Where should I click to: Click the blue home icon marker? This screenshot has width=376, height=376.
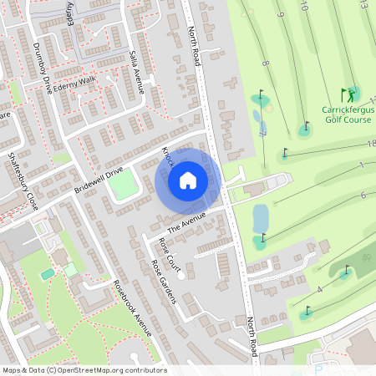click(x=188, y=180)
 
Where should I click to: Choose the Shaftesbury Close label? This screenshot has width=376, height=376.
click(x=22, y=180)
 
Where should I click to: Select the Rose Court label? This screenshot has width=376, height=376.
click(x=170, y=253)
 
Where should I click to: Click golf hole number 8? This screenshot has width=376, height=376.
click(x=265, y=64)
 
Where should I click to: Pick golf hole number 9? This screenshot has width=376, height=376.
click(x=282, y=15)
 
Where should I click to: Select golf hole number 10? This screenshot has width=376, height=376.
click(x=303, y=7)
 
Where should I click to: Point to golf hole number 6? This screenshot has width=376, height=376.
click(x=363, y=195)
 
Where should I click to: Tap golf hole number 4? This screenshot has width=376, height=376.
click(x=319, y=289)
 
